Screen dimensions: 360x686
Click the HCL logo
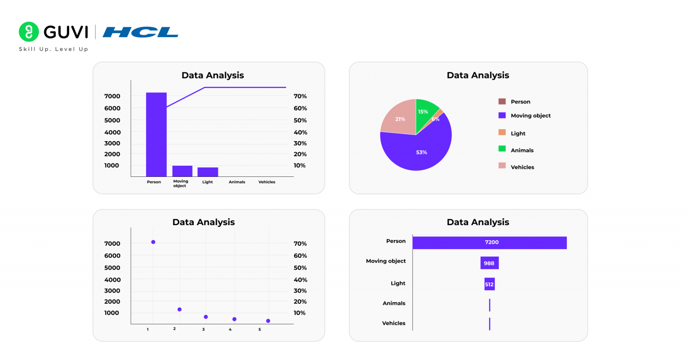140,32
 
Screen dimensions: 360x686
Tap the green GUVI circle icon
29,32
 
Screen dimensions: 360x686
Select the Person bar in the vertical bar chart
156,134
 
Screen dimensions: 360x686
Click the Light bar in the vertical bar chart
208,172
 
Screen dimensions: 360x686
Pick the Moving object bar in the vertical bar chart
182,171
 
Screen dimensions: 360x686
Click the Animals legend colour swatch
502,149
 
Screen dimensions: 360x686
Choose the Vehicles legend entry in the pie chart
522,167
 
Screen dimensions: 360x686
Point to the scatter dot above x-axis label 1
153,242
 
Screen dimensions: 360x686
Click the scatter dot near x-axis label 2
180,310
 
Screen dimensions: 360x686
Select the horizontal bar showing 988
489,263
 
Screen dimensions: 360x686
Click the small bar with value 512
489,284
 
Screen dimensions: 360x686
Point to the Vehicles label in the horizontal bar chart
393,323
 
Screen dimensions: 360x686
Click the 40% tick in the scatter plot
300,280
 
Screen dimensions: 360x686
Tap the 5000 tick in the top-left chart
112,120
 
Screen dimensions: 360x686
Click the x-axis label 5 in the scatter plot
259,330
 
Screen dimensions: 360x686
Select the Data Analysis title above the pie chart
478,75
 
